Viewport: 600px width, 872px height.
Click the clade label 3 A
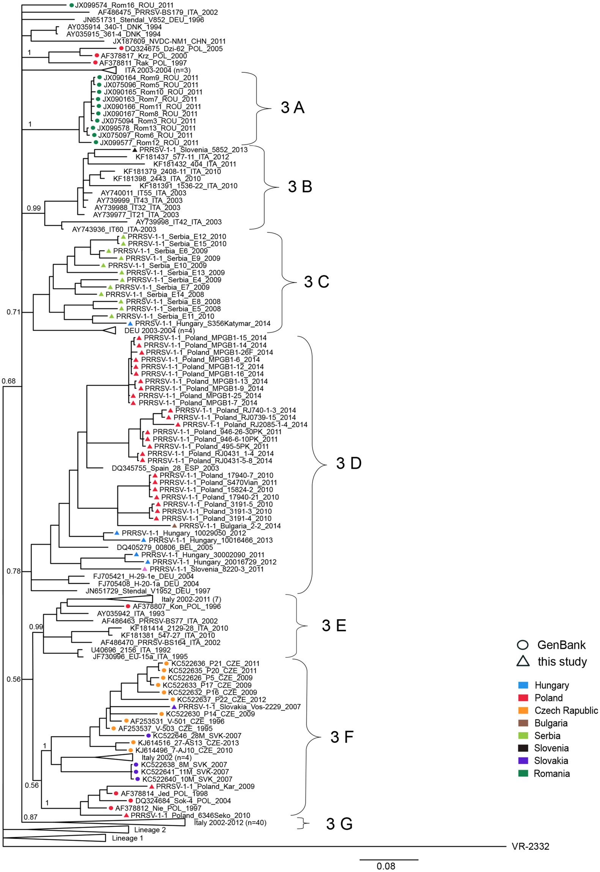pyautogui.click(x=292, y=108)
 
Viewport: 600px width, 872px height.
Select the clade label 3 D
pyautogui.click(x=348, y=463)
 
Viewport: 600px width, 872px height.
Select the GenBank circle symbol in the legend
pyautogui.click(x=523, y=645)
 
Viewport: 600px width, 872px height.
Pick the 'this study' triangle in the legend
pyautogui.click(x=523, y=662)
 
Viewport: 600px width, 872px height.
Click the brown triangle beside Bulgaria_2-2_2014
pyautogui.click(x=174, y=526)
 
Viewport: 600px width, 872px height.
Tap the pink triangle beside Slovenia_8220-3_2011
pyautogui.click(x=145, y=569)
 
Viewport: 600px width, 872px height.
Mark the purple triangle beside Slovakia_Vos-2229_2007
pyautogui.click(x=173, y=707)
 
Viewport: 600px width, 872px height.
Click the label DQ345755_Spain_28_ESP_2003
pyautogui.click(x=165, y=468)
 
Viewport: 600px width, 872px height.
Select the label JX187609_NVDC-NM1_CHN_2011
pyautogui.click(x=169, y=41)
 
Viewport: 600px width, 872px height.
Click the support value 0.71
pyautogui.click(x=13, y=312)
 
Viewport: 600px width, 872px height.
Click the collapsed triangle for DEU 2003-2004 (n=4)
pyautogui.click(x=109, y=330)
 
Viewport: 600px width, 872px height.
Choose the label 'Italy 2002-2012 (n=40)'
pyautogui.click(x=230, y=823)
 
